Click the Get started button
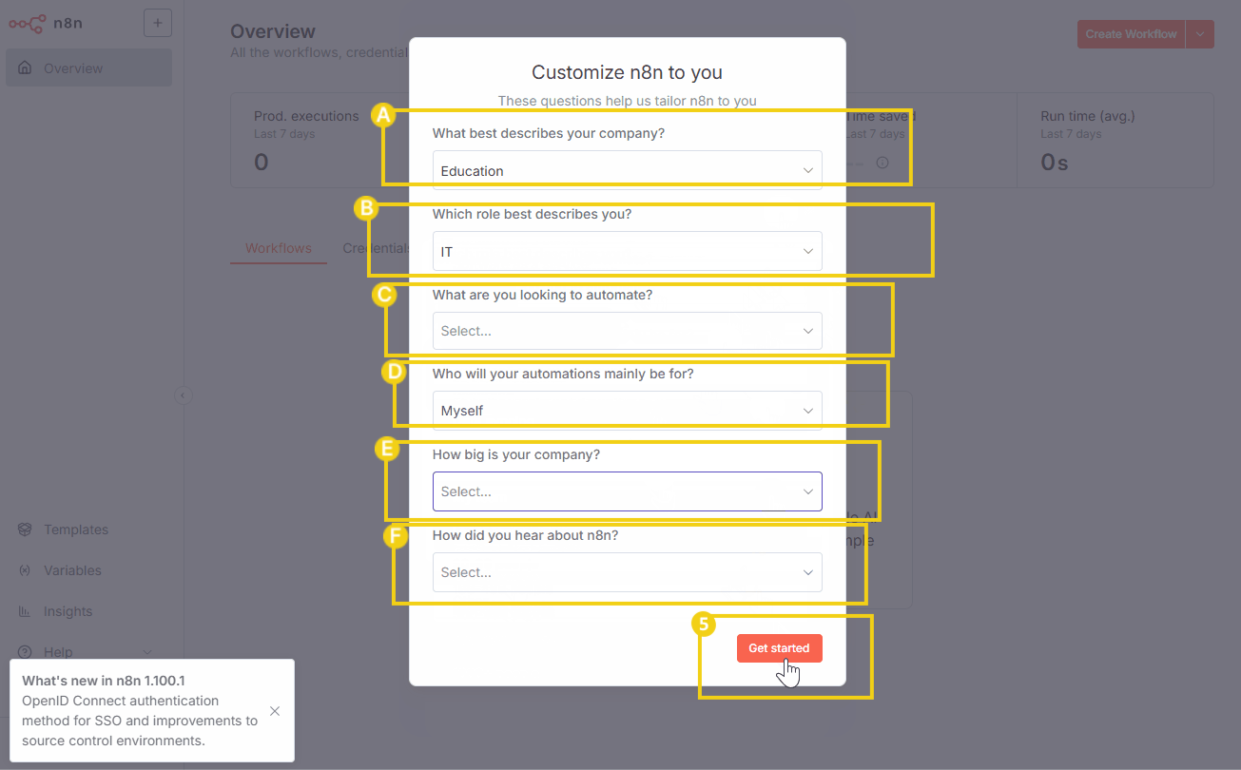(x=779, y=647)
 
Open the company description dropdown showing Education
(x=627, y=171)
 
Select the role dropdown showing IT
(x=627, y=252)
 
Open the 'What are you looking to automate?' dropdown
(x=627, y=331)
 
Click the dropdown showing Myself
(x=627, y=411)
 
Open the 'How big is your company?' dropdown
(x=627, y=491)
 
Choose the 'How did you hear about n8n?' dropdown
(x=627, y=572)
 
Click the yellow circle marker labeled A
(x=382, y=115)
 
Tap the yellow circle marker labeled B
(x=367, y=208)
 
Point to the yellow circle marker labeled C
(x=384, y=295)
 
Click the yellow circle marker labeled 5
(x=704, y=624)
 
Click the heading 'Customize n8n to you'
(x=627, y=72)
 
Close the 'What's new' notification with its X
(x=275, y=711)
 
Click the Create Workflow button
(x=1131, y=34)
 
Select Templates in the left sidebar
(x=76, y=529)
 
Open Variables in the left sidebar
(x=72, y=570)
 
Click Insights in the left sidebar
(x=68, y=611)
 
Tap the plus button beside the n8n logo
(x=158, y=23)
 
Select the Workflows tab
(x=279, y=248)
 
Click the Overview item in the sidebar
(x=73, y=68)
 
